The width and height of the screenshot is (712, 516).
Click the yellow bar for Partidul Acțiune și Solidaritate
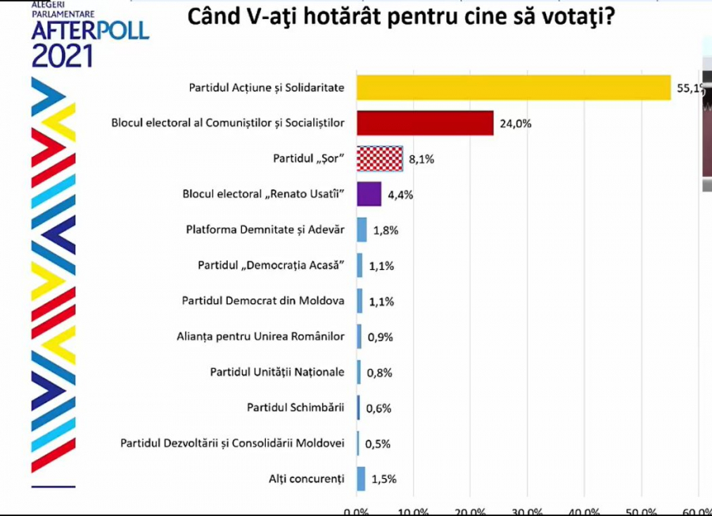pos(514,87)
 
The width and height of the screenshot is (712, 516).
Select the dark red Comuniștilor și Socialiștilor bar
pos(425,123)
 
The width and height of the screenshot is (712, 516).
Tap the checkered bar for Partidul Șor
pos(380,158)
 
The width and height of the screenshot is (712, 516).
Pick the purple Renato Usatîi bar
pos(369,194)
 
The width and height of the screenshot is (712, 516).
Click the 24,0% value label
pos(515,123)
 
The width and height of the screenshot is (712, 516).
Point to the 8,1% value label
pos(422,159)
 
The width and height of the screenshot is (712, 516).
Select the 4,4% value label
pos(400,195)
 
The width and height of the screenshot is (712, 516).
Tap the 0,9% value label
pos(380,337)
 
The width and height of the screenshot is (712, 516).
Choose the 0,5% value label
pos(377,444)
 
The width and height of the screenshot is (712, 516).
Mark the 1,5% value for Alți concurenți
pos(383,479)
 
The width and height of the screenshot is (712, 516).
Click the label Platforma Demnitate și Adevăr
pos(265,230)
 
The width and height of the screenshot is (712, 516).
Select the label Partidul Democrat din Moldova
pos(263,301)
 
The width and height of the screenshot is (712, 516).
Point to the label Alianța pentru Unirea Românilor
pos(260,336)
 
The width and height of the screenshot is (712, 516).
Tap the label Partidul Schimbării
pos(295,408)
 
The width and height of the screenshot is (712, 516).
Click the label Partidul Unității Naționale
pos(277,372)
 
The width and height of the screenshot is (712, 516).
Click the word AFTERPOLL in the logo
pos(90,30)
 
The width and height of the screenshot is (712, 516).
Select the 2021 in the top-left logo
pos(62,55)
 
